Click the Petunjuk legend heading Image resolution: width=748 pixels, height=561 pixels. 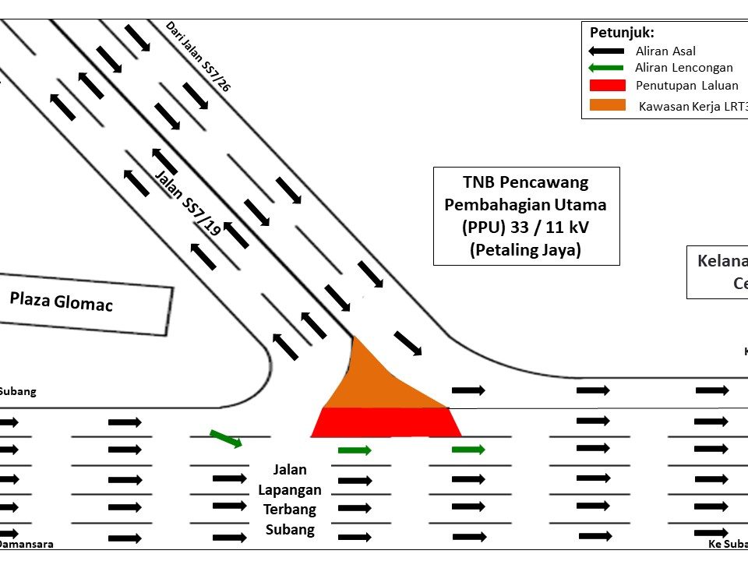point(622,33)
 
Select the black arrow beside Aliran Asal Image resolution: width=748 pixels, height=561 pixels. point(607,50)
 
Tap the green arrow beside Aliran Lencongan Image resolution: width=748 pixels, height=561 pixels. point(607,68)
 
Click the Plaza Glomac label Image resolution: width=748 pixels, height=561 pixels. point(61,301)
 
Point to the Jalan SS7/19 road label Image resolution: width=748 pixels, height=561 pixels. point(188,202)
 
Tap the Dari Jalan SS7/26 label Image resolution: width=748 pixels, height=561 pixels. point(198,56)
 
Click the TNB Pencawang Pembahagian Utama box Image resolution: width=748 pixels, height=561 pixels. point(526,216)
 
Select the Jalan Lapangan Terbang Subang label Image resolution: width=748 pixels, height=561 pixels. point(289,499)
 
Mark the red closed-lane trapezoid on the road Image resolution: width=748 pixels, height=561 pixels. point(386,422)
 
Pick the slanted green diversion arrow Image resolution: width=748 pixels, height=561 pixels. point(226,439)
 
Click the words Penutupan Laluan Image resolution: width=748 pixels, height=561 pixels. point(686,86)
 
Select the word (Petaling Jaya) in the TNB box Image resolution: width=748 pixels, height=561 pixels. point(526,251)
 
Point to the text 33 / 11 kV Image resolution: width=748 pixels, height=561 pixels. point(554,228)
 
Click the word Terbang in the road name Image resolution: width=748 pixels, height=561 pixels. point(289,510)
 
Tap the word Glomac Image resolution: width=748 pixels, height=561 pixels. point(83,303)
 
